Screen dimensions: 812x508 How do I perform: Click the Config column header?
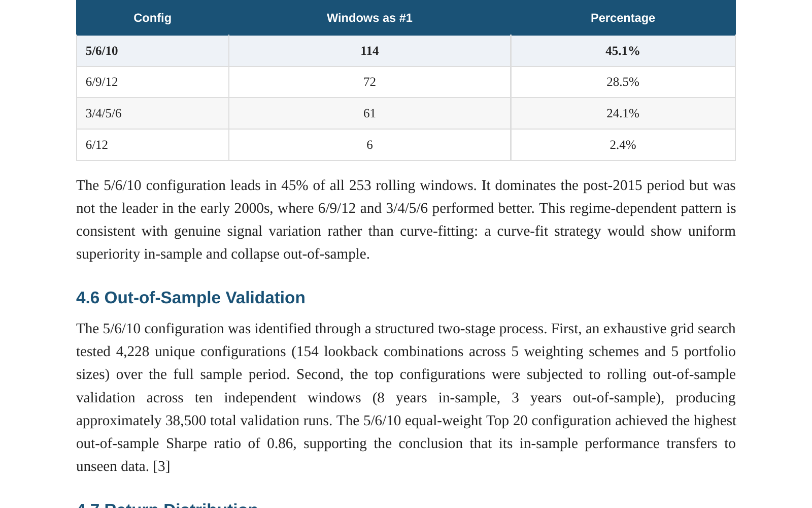pos(152,18)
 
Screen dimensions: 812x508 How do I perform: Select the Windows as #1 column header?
pos(369,18)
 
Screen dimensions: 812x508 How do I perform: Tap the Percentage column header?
pos(623,18)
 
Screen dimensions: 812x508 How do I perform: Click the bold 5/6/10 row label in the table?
pos(101,51)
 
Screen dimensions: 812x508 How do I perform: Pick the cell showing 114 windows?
pos(369,51)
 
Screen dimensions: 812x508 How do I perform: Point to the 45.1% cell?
pos(622,51)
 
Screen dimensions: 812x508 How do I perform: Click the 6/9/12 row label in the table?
pos(101,82)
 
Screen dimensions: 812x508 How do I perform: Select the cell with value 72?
pos(369,82)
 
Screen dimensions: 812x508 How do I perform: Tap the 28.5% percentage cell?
pos(623,82)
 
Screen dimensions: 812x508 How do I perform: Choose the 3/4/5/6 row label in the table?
pos(104,114)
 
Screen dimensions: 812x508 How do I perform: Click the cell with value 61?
pos(369,114)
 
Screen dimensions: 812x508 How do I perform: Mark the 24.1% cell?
pos(623,114)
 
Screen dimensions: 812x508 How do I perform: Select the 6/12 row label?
pos(97,145)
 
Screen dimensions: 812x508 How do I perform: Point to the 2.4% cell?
pos(623,145)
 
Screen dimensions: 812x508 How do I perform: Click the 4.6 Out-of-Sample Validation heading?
pos(191,298)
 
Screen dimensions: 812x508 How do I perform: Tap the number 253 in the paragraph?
pos(360,185)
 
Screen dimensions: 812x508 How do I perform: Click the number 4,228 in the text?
pos(132,352)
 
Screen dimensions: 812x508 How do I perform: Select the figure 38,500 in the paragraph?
pos(186,421)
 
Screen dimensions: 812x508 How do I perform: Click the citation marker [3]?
pos(161,466)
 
